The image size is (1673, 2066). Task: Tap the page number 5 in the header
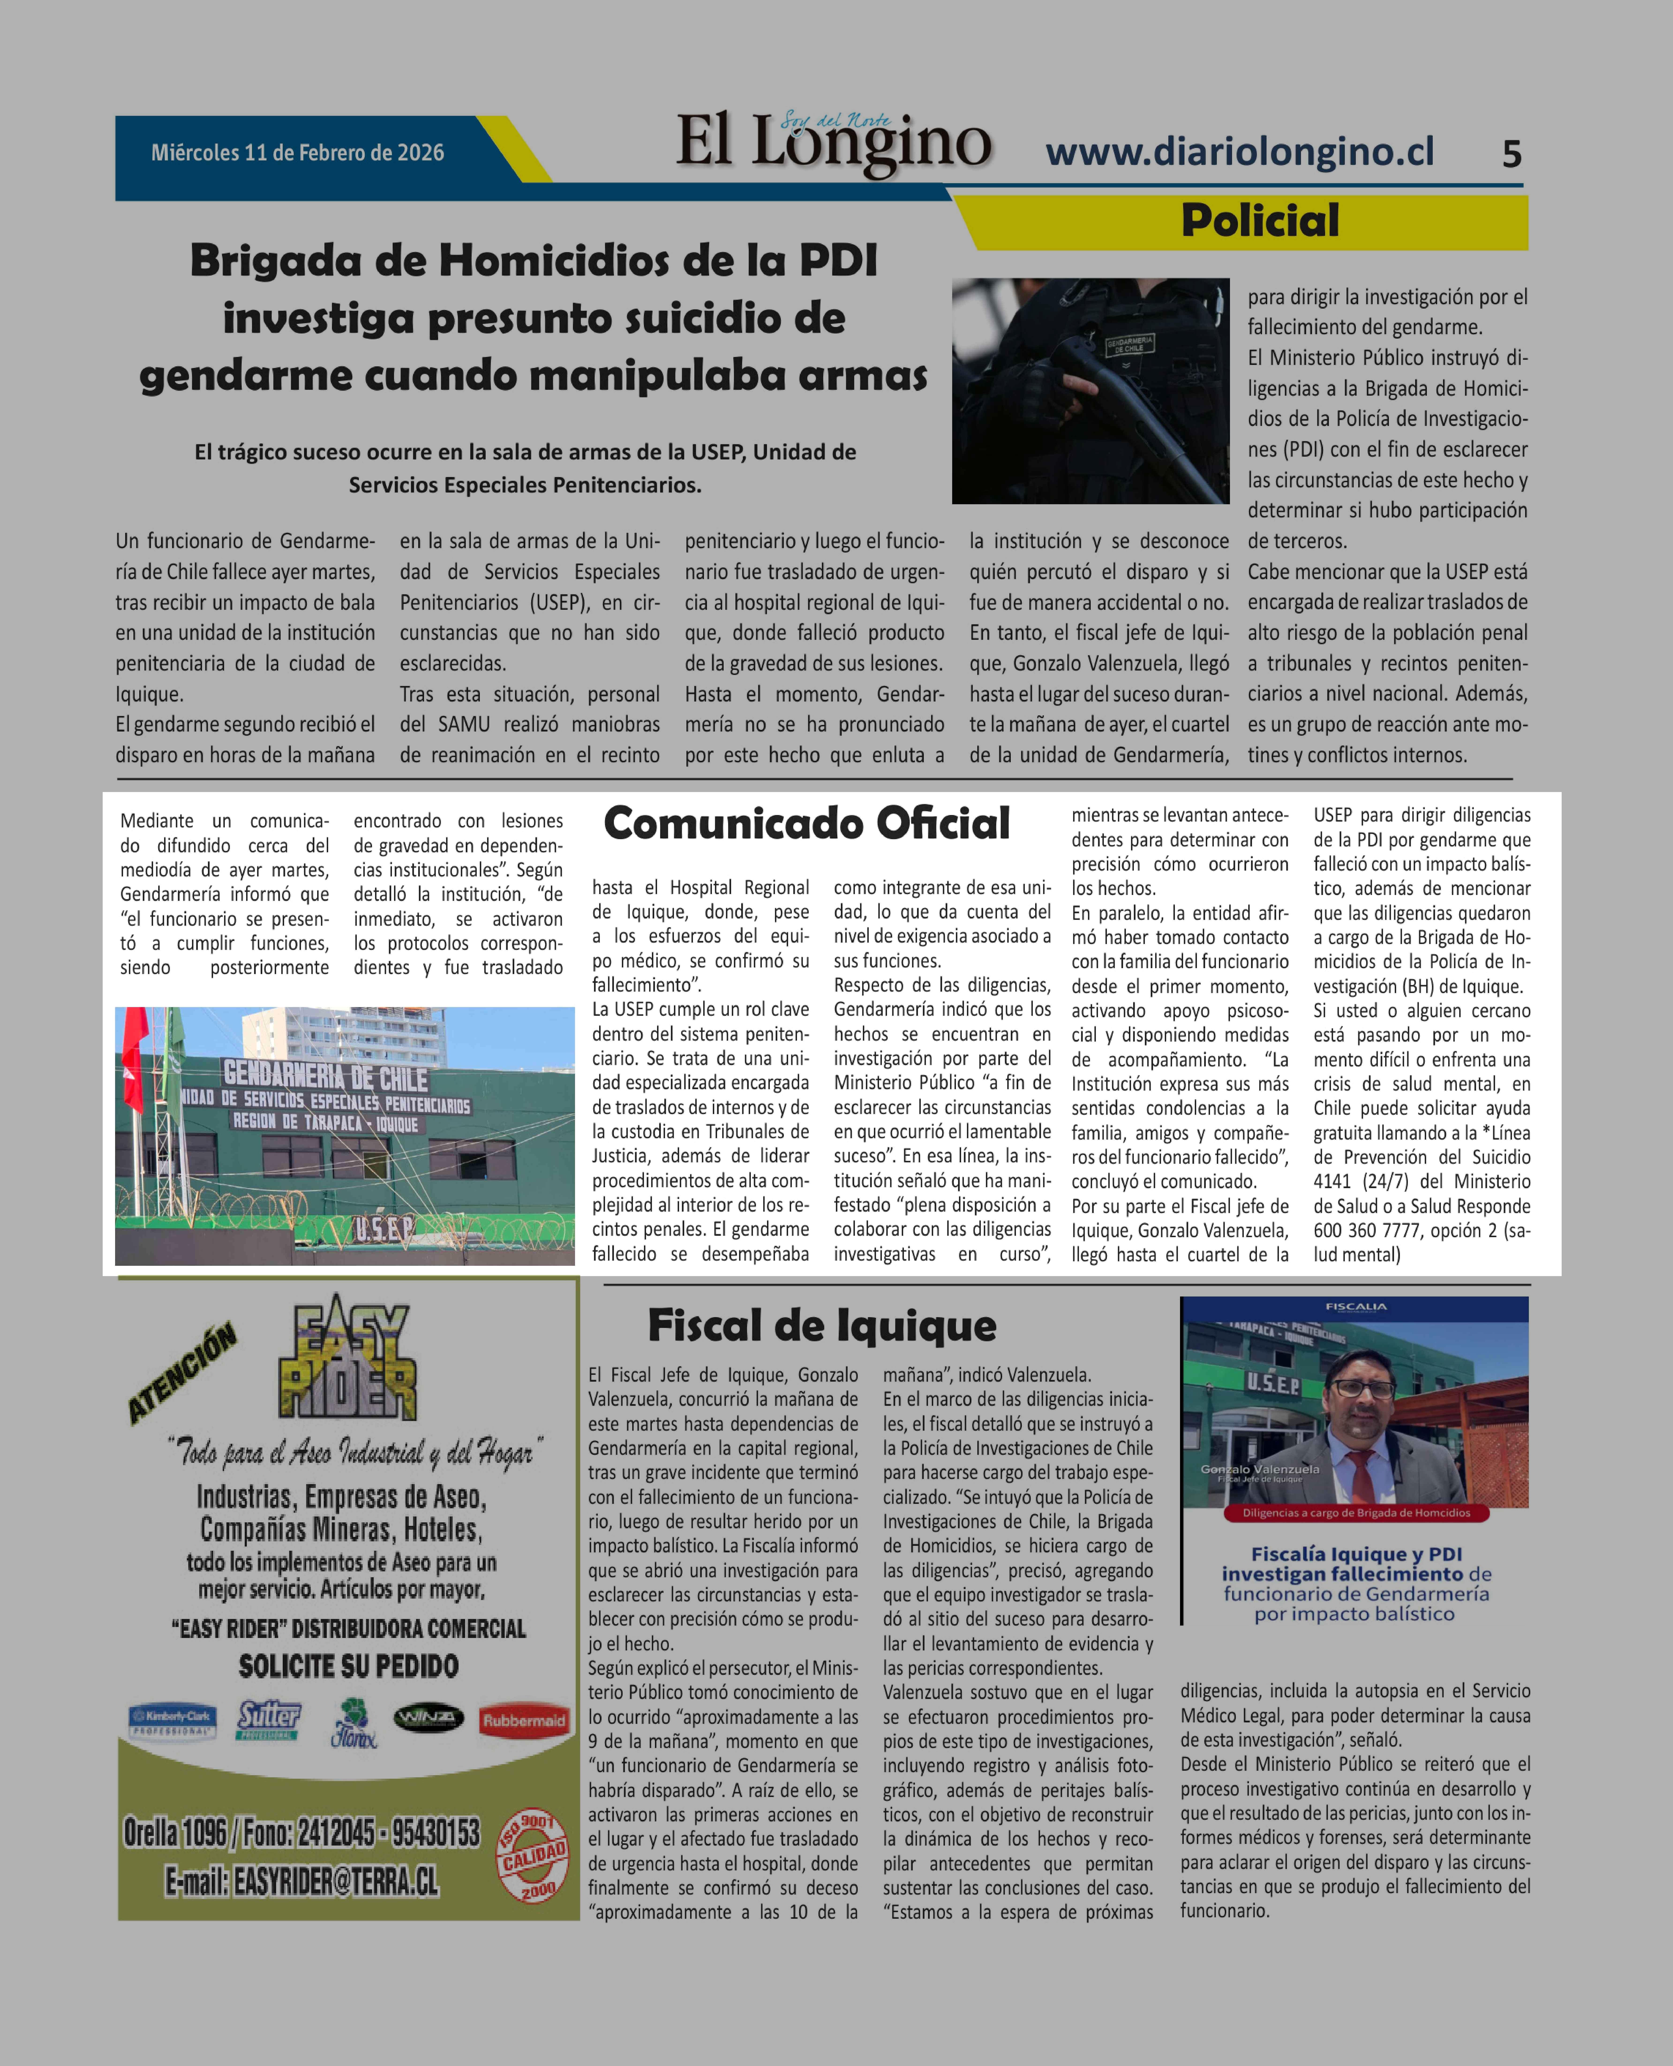click(1511, 154)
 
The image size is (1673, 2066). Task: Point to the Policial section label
click(1259, 221)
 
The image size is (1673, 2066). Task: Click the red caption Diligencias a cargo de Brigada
click(1355, 1513)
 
